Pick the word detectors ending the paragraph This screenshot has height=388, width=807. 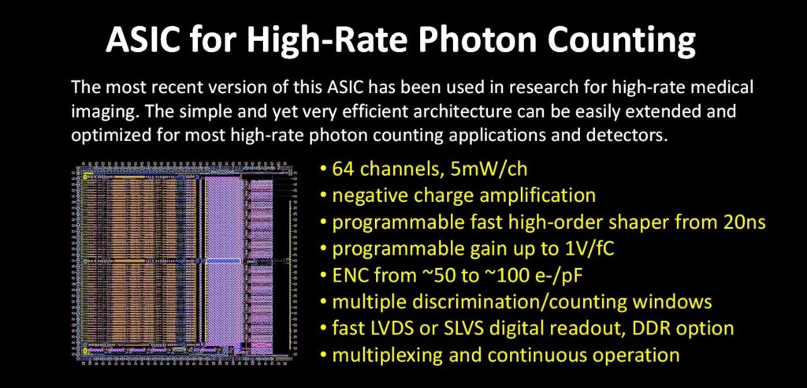(631, 135)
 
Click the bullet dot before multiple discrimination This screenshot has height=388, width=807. (324, 303)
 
